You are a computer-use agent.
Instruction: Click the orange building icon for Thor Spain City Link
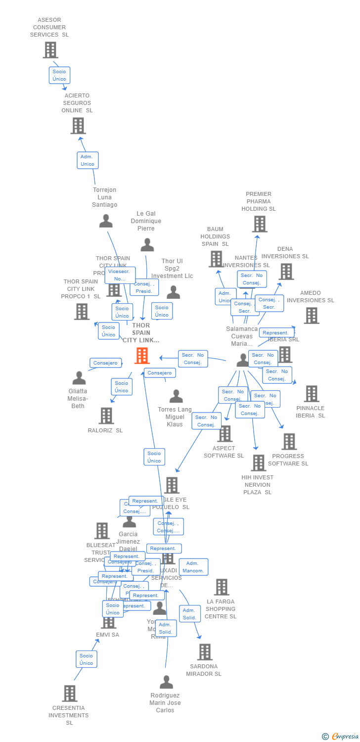coord(142,355)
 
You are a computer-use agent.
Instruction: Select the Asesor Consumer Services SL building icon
coord(50,50)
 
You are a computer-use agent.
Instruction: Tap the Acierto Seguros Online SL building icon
coord(78,126)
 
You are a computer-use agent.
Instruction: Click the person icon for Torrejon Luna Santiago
coord(106,221)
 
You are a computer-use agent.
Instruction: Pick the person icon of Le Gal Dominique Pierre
coord(147,245)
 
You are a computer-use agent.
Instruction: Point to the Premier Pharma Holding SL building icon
coord(259,224)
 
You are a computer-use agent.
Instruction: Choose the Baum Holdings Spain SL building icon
coord(216,259)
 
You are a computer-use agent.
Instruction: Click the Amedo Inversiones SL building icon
coord(311,316)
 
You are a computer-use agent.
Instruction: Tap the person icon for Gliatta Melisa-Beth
coord(79,378)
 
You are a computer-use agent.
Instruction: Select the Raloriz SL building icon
coord(106,416)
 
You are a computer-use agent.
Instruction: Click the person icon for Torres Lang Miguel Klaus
coord(176,396)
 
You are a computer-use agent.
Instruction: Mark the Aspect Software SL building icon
coord(225,434)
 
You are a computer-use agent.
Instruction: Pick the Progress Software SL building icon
coord(289,442)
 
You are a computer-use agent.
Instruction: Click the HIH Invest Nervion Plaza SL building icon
coord(258,463)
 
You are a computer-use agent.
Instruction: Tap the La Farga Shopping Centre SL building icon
coord(221,587)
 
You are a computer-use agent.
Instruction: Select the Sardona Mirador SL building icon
coord(205,652)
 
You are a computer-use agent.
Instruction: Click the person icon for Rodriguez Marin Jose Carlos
coord(166,682)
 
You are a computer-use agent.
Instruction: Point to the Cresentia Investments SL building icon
coord(70,694)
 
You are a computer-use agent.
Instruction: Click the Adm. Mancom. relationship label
coord(193,567)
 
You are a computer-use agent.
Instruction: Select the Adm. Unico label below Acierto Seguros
coord(88,160)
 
